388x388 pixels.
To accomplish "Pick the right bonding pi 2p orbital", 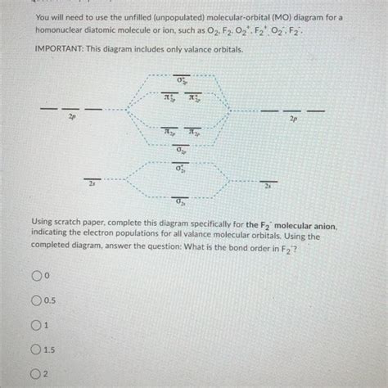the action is (195, 133).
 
